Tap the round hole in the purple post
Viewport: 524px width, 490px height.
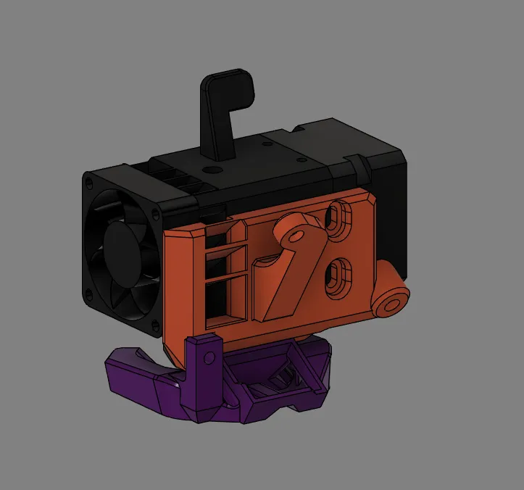tap(209, 357)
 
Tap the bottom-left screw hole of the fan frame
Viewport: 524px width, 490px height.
tap(90, 294)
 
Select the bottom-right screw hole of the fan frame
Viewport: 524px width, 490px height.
tap(156, 328)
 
